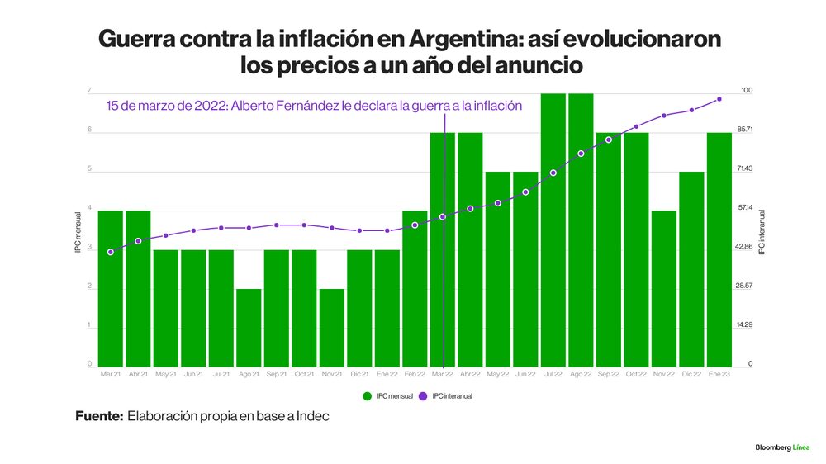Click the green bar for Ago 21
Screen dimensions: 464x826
pos(249,327)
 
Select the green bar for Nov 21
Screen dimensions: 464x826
pos(332,327)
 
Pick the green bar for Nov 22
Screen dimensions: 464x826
pos(664,288)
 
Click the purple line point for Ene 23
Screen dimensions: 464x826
pos(719,99)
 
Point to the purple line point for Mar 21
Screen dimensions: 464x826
pos(111,252)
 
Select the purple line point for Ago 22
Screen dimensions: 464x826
pos(581,154)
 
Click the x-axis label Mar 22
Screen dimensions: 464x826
pos(443,375)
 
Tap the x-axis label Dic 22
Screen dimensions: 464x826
pos(691,375)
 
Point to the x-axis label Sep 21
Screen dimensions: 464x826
pos(277,375)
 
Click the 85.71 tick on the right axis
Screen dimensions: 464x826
pos(745,130)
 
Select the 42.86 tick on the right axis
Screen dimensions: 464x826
pos(745,247)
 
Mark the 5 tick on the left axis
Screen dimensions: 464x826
pos(90,171)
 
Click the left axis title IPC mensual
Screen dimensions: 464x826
pos(78,232)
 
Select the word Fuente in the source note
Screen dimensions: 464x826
pos(99,417)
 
